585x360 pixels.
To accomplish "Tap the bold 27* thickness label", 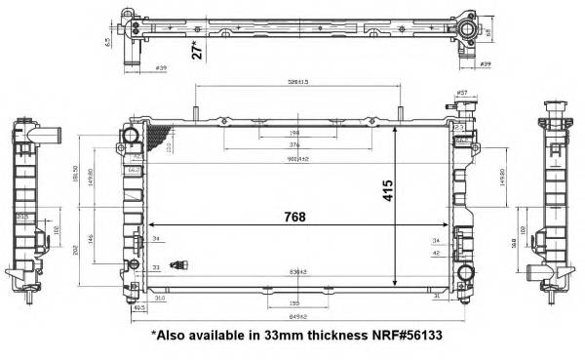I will click(x=198, y=49).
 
